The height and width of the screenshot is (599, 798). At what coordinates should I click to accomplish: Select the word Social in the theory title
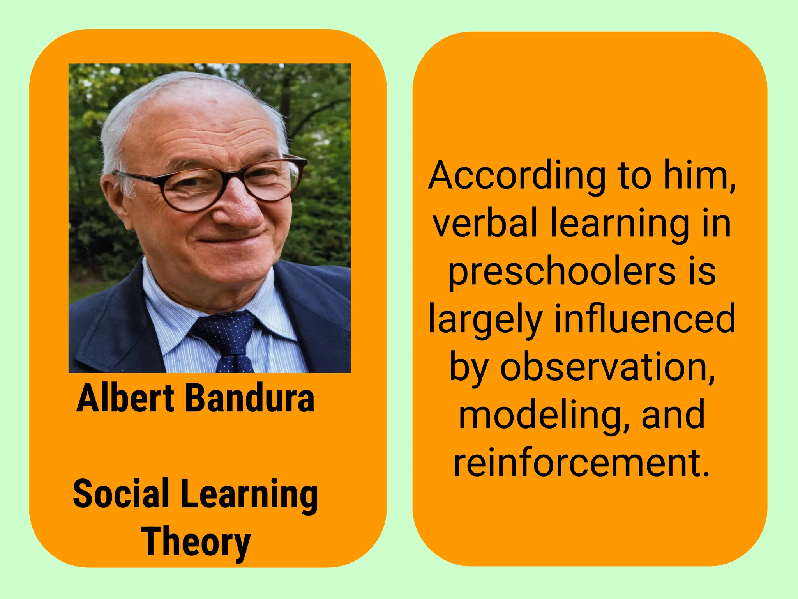(x=121, y=494)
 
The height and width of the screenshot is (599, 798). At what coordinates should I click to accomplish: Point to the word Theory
(x=196, y=542)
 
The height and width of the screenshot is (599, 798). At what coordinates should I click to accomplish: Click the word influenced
(x=644, y=319)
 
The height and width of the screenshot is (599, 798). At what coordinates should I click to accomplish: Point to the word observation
(x=607, y=367)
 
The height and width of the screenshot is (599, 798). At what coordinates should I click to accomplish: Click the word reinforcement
(x=581, y=463)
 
